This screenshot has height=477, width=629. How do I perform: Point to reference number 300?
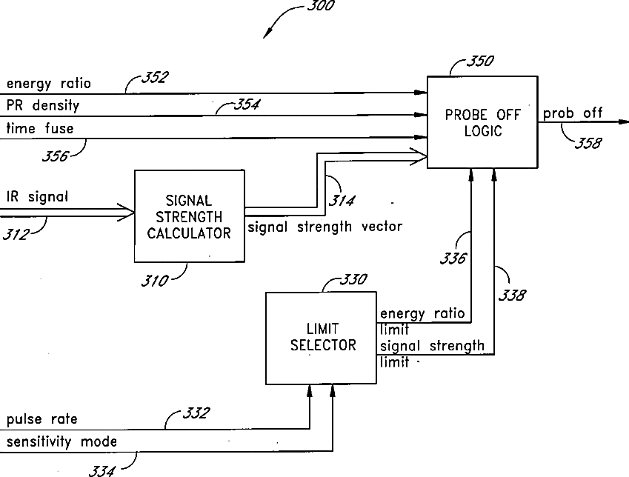click(321, 6)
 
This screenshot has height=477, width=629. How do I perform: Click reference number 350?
click(480, 61)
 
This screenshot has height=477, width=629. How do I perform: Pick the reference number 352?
click(155, 77)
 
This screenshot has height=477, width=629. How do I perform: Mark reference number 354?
click(247, 104)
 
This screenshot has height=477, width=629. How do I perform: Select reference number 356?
click(56, 156)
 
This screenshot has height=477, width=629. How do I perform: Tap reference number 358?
click(588, 143)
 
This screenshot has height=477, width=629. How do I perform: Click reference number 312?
click(16, 234)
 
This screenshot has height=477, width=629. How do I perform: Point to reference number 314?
click(342, 200)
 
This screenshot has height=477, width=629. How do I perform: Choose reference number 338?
click(512, 296)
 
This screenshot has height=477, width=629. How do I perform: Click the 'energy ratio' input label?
click(49, 84)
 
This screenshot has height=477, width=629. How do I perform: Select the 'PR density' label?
click(43, 105)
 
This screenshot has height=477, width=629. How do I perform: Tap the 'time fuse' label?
click(40, 128)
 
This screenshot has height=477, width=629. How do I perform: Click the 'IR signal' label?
click(37, 196)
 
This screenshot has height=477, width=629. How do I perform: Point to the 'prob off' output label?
click(573, 113)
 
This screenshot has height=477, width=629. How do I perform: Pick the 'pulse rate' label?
click(42, 419)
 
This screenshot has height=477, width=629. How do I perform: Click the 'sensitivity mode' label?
click(61, 441)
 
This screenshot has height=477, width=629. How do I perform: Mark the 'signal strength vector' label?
click(325, 227)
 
